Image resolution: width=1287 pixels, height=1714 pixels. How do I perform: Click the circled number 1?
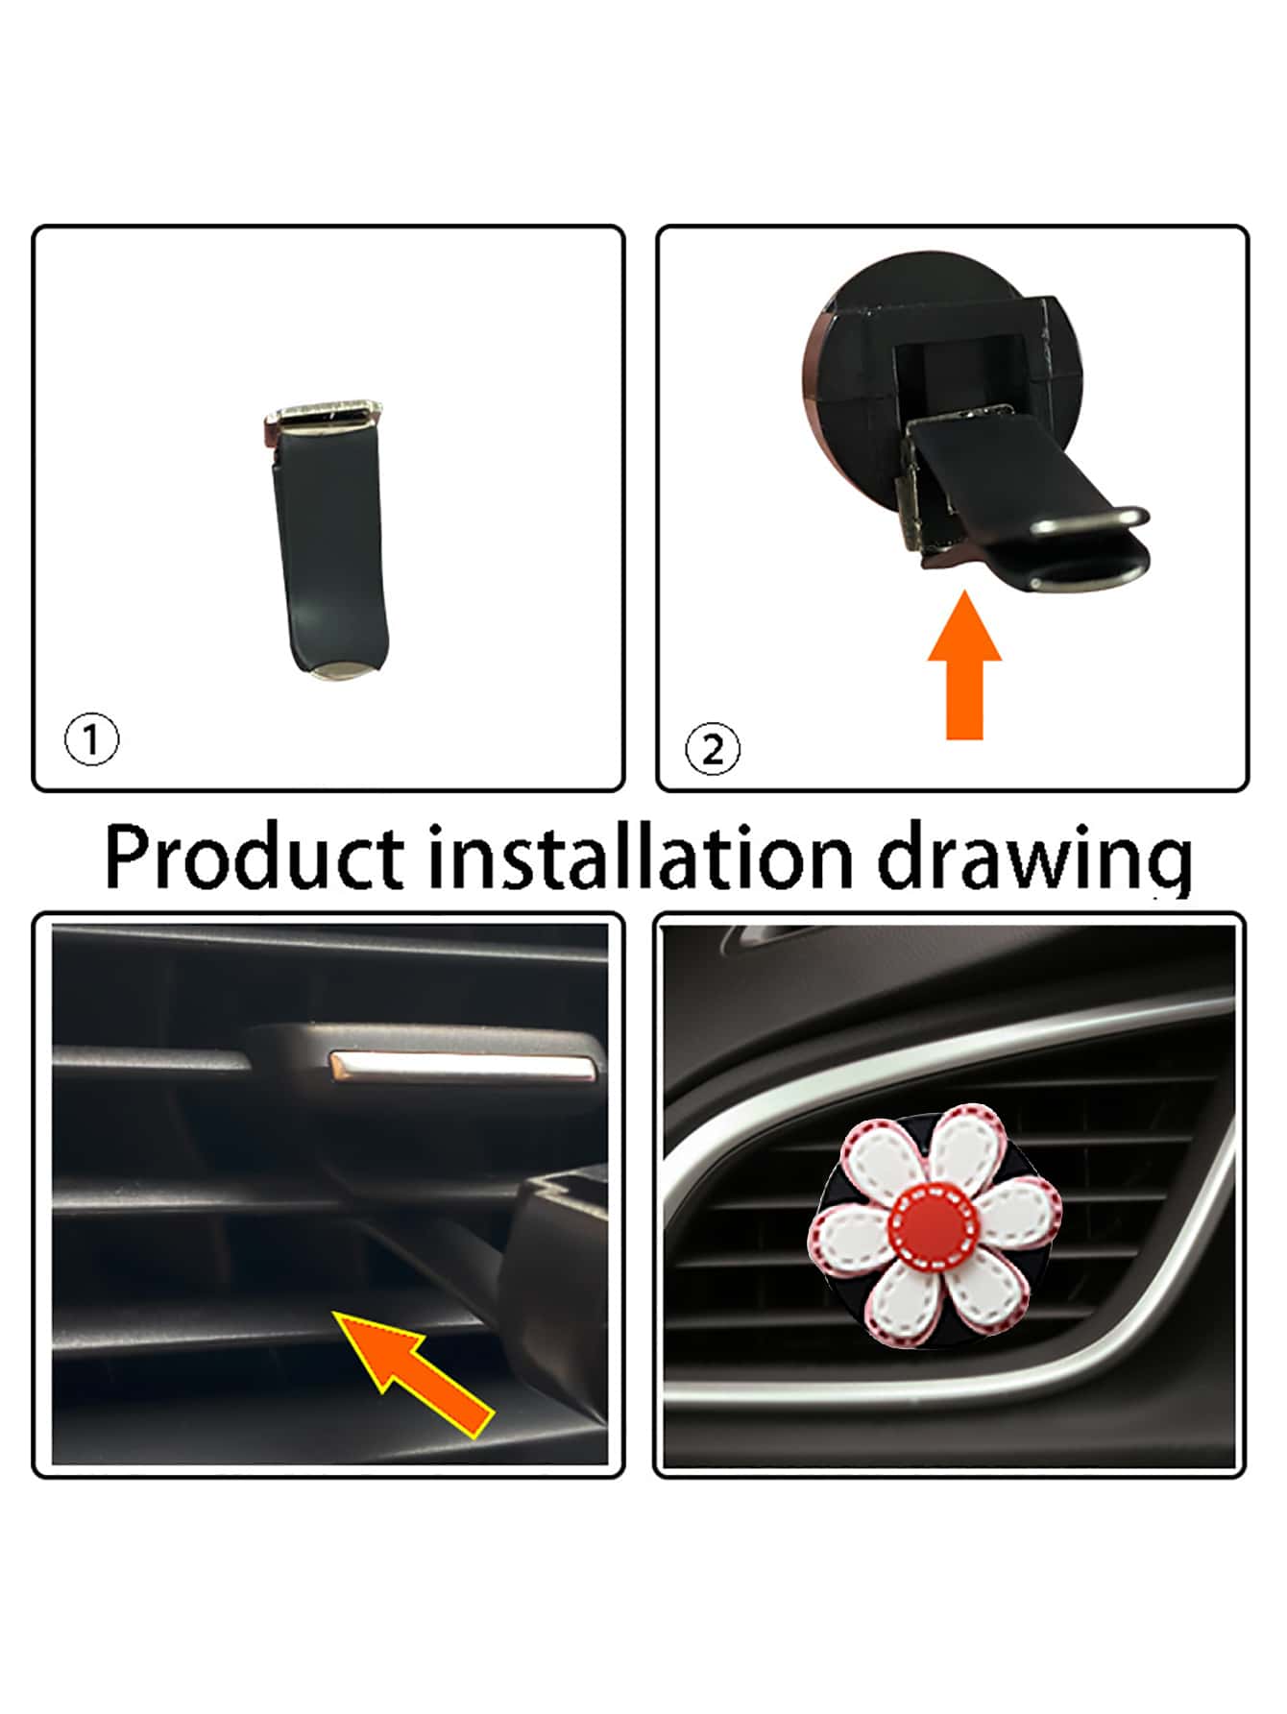pyautogui.click(x=92, y=739)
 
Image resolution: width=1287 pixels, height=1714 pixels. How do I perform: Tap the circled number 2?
pyautogui.click(x=713, y=749)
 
